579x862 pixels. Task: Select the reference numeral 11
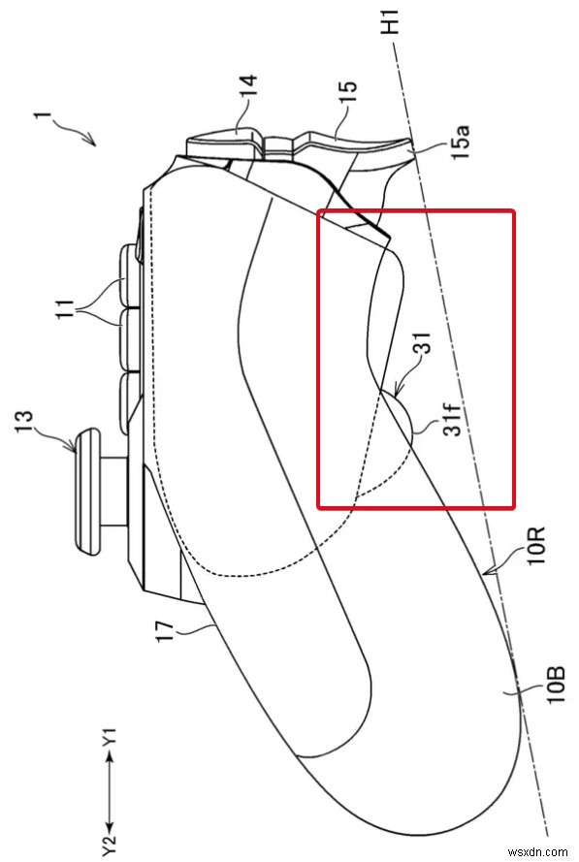tap(65, 309)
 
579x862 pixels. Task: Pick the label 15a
tap(461, 142)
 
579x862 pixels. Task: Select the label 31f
tap(453, 417)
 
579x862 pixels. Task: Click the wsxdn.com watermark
tap(537, 851)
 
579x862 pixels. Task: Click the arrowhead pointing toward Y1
tap(110, 757)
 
